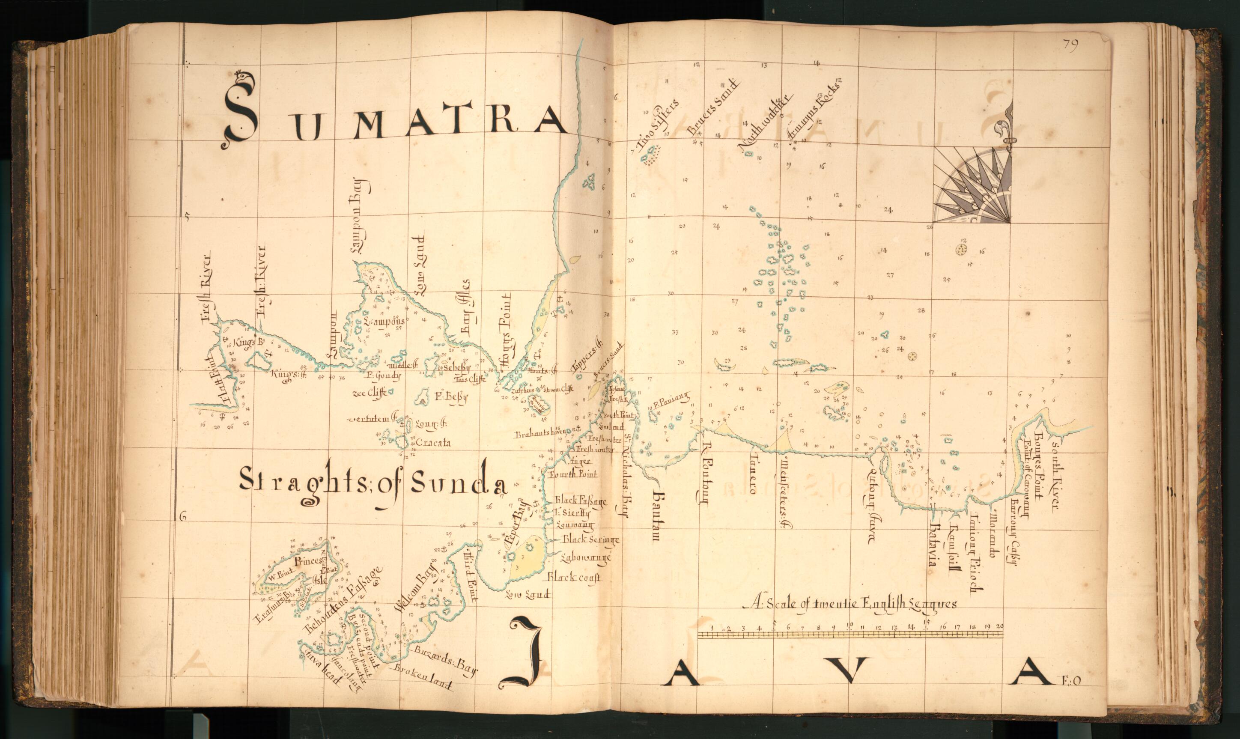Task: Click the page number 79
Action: click(x=1070, y=45)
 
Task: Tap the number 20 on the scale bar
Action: click(x=999, y=626)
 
